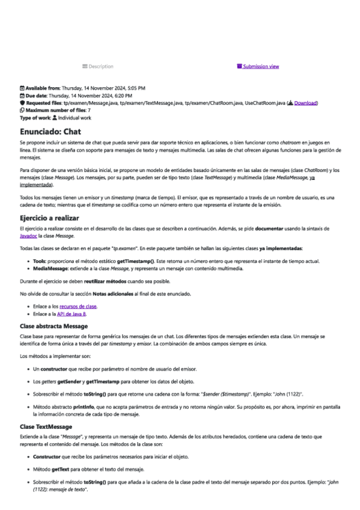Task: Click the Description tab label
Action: click(x=100, y=66)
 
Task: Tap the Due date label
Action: click(x=35, y=96)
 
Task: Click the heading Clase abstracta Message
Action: click(x=54, y=326)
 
